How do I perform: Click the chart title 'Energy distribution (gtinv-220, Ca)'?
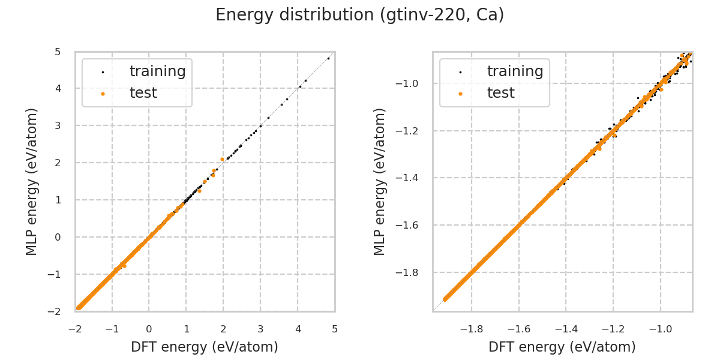pos(360,15)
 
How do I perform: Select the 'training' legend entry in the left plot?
pos(157,71)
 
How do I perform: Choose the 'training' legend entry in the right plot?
pos(515,71)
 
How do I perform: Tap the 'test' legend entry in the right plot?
pos(500,93)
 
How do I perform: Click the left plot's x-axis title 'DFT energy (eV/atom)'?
pos(205,347)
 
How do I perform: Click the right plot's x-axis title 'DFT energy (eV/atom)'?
pos(562,347)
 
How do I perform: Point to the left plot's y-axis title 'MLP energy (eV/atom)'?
pos(32,181)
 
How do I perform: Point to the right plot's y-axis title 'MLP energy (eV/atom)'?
pos(380,181)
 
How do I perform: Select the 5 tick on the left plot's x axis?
pos(335,329)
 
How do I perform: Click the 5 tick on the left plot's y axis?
pos(58,52)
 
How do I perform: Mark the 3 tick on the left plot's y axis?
pos(58,125)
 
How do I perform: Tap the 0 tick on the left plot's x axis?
pos(149,329)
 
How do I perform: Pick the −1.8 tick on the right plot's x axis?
pos(472,329)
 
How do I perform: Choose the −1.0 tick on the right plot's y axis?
pos(413,83)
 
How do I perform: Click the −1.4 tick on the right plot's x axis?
pos(566,329)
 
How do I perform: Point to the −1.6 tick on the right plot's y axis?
pos(413,226)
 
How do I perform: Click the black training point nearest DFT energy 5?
pos(328,58)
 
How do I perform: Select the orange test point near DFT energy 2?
pos(222,159)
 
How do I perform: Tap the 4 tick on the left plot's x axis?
pos(298,329)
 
